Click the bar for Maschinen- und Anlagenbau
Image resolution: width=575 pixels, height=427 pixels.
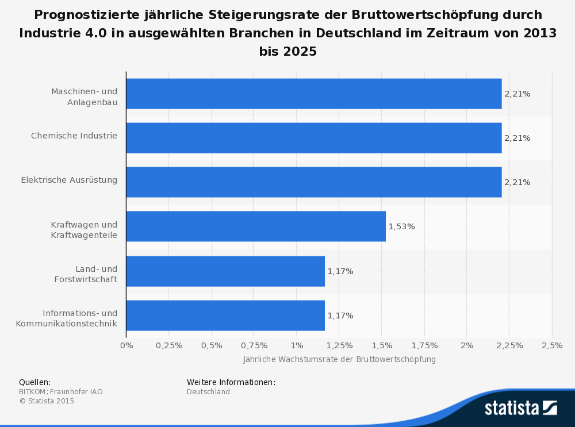pos(313,94)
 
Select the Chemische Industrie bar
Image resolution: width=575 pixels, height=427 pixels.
pos(313,138)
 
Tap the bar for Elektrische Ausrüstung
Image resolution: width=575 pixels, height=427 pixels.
pos(313,182)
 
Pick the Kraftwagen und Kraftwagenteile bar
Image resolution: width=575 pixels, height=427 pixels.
pos(256,226)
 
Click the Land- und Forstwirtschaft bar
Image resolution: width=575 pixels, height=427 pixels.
pos(225,271)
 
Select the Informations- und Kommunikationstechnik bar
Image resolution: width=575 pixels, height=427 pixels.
pos(225,316)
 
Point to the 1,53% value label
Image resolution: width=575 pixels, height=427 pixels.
pos(401,226)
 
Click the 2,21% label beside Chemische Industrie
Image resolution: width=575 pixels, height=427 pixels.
pos(517,138)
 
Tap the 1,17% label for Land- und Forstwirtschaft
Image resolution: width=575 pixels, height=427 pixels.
pos(340,271)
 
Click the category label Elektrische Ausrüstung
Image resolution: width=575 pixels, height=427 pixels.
pos(69,180)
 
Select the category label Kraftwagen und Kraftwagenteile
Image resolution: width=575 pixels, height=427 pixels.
pos(84,230)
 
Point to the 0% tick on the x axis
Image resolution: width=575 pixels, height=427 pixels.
pos(126,345)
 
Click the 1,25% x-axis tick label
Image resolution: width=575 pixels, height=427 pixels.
pos(339,345)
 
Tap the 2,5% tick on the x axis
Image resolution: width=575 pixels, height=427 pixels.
pos(552,345)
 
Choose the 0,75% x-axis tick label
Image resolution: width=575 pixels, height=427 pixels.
pos(254,345)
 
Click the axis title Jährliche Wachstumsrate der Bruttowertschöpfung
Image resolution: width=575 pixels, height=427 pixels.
pos(339,359)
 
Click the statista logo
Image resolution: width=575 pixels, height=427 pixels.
pos(520,408)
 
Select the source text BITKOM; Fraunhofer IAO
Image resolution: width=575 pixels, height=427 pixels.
pos(61,392)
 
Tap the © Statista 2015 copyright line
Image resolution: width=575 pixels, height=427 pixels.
pos(47,401)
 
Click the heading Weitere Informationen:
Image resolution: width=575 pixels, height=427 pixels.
pos(231,382)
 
